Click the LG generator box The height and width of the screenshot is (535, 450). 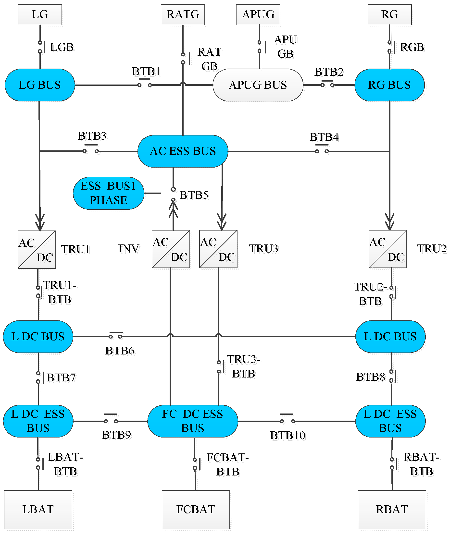pos(40,14)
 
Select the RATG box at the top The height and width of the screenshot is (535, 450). pos(183,14)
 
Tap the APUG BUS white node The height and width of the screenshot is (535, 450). pos(258,85)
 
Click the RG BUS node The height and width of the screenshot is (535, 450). pos(389,85)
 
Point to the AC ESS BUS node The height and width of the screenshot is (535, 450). pos(183,151)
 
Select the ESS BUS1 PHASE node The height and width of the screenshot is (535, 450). pos(108,193)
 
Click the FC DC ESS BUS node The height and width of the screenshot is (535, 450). pos(193,421)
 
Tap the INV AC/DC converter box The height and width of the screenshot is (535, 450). pos(171,249)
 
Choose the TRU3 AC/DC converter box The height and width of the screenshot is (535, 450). pos(218,249)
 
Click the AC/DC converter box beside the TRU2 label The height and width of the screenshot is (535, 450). pos(387,249)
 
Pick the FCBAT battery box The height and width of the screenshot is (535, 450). pos(196,509)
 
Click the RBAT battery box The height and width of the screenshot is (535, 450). pos(392,509)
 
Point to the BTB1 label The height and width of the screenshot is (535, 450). pos(146,72)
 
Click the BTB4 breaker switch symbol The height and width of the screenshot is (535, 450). pos(322,150)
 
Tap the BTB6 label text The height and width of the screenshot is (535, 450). pos(120,351)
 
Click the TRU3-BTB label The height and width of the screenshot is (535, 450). pos(244,366)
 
